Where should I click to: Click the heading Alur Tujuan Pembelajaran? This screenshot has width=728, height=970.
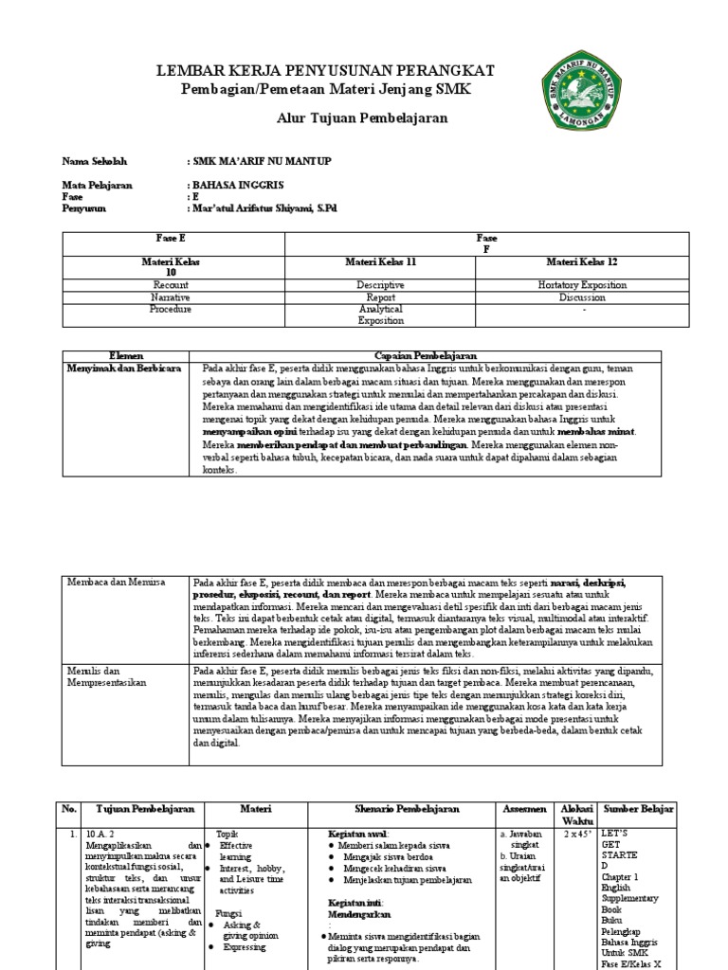pyautogui.click(x=349, y=117)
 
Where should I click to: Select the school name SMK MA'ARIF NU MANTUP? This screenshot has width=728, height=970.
pyautogui.click(x=261, y=161)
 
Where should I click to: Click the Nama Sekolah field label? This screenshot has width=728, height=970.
pyautogui.click(x=94, y=161)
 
